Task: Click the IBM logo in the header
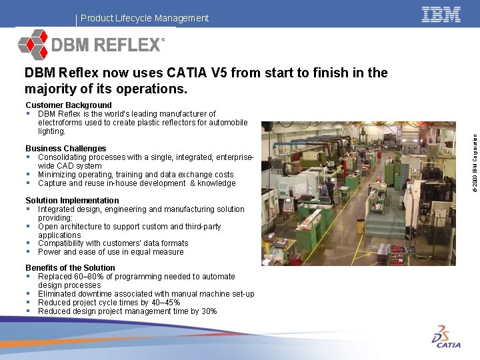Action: click(441, 15)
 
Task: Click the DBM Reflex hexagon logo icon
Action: click(33, 45)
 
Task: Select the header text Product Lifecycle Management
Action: click(145, 18)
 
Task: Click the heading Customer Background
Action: click(69, 105)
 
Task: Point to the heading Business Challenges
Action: click(66, 149)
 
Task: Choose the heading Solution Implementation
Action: click(72, 201)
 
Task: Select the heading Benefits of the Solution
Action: click(70, 268)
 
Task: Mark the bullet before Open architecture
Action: click(29, 227)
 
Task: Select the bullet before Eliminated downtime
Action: click(29, 294)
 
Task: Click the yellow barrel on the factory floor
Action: click(360, 226)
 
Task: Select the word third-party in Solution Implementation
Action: click(199, 227)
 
